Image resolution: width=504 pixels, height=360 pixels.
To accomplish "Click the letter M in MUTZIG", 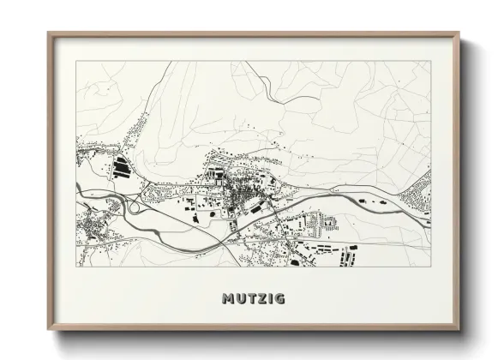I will (228, 299).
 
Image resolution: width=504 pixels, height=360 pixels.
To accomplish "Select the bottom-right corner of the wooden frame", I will (460, 331).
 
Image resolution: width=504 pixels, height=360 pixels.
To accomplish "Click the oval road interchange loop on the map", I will (135, 206).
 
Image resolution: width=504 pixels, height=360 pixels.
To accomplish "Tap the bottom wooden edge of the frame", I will (255, 330).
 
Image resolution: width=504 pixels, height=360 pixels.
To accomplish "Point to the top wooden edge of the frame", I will (255, 34).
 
